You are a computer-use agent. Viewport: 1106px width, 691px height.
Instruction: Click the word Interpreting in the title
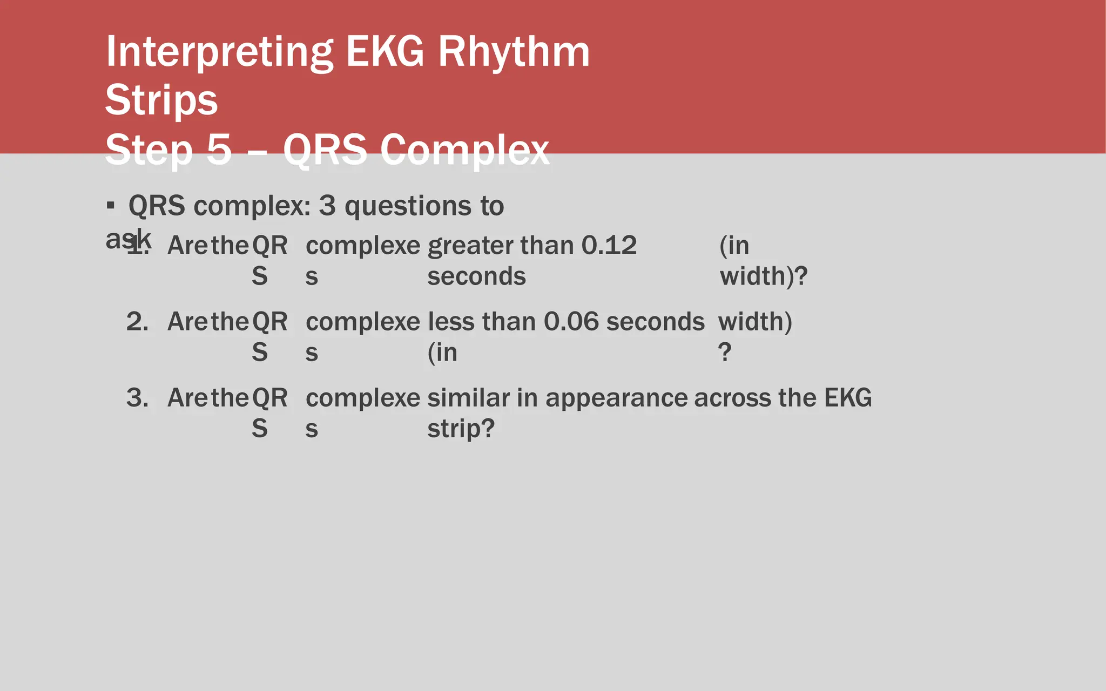(x=219, y=52)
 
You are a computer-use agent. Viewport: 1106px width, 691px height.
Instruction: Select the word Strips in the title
(x=161, y=100)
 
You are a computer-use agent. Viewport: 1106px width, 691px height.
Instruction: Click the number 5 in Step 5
(x=219, y=150)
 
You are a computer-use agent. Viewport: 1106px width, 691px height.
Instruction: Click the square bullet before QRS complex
(x=111, y=206)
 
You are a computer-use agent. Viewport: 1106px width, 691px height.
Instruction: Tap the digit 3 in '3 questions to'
(x=327, y=206)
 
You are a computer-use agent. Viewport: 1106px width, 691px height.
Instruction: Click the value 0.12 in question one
(x=609, y=246)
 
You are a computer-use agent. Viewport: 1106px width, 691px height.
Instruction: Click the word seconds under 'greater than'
(x=476, y=276)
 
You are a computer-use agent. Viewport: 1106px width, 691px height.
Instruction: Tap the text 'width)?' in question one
(x=763, y=276)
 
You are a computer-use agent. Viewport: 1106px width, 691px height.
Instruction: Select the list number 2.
(x=137, y=322)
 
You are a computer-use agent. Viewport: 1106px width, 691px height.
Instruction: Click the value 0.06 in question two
(x=571, y=322)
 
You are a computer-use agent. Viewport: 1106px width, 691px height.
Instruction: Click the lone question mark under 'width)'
(x=725, y=353)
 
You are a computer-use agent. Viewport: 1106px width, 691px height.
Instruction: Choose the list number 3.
(x=137, y=398)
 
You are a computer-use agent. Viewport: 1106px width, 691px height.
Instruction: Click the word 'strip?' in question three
(x=461, y=429)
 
